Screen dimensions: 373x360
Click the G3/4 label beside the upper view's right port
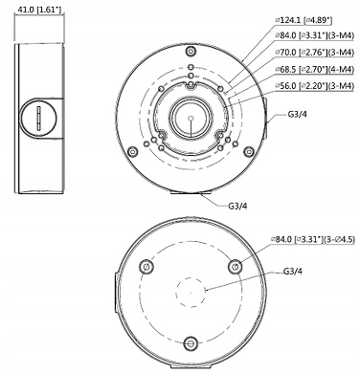point(299,117)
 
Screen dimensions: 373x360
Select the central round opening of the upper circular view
point(191,121)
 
